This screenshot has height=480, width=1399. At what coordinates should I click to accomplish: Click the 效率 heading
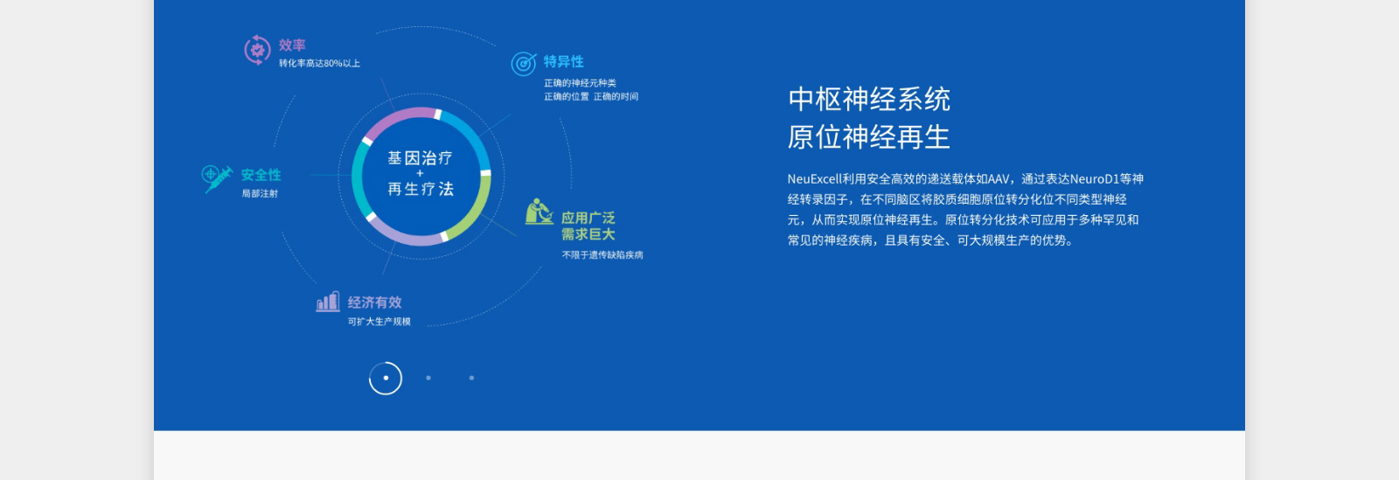pos(292,45)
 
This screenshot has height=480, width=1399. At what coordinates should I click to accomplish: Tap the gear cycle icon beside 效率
pos(257,50)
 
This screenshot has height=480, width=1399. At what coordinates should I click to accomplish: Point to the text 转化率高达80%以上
pos(319,64)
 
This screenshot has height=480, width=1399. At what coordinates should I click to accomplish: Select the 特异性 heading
pos(563,62)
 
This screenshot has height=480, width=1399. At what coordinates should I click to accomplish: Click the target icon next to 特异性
pos(524,63)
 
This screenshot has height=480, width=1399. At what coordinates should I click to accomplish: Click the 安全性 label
pos(261,176)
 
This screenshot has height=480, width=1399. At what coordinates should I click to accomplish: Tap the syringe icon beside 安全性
pos(216,177)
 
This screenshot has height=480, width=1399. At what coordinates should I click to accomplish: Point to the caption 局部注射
pos(260,194)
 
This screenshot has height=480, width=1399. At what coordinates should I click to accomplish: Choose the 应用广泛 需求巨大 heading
pos(588,226)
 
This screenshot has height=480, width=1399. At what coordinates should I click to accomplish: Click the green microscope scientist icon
pos(539,212)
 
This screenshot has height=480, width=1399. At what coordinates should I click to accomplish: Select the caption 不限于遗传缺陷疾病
pos(602,255)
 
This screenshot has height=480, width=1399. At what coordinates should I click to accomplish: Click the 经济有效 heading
pos(374,303)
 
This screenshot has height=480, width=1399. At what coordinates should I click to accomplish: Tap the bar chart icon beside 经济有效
pos(328,303)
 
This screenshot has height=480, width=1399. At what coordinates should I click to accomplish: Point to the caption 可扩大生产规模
pos(379,322)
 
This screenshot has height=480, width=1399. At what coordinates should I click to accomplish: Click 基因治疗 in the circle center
pos(420,158)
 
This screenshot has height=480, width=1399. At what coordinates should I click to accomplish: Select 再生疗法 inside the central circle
pos(420,190)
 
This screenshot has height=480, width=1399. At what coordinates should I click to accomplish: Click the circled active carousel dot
pos(386,378)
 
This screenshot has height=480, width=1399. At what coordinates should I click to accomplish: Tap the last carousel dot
pos(471,378)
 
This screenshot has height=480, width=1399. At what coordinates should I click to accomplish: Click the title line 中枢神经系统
pos(868,100)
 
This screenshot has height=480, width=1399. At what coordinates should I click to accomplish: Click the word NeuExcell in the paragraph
pos(813,179)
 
